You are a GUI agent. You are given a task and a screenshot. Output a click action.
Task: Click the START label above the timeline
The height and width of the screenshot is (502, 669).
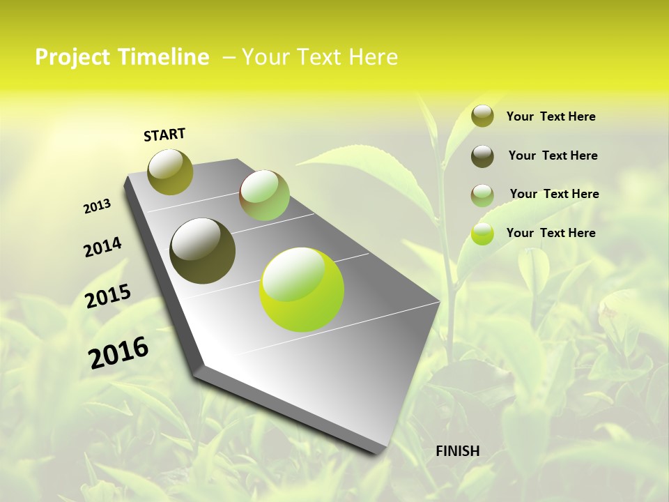tap(164, 135)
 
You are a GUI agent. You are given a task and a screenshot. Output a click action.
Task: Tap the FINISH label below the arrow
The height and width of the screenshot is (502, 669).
tap(457, 451)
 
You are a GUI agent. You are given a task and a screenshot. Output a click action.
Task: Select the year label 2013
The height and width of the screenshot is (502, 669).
tap(97, 206)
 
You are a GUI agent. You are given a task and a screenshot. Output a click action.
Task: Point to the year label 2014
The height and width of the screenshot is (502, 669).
tap(102, 248)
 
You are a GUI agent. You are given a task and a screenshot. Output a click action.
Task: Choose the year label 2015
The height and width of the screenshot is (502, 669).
tap(108, 296)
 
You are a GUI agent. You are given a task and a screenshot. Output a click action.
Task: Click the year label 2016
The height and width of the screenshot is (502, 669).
tap(118, 353)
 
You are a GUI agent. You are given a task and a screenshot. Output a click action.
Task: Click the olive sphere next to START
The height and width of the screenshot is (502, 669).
tap(171, 172)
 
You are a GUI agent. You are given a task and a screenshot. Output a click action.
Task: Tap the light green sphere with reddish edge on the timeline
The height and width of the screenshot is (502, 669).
tap(264, 195)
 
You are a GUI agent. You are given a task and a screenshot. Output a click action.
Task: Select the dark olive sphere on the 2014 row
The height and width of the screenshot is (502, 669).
tap(203, 251)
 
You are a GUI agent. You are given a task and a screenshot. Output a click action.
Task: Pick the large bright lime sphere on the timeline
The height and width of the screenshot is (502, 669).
tap(302, 289)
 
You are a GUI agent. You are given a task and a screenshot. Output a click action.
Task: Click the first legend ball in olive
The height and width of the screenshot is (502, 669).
tap(482, 116)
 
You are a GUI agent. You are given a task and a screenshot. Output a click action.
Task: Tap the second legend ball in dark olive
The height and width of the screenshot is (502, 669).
tap(482, 156)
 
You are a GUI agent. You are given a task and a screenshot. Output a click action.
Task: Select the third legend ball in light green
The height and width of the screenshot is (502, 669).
tap(482, 195)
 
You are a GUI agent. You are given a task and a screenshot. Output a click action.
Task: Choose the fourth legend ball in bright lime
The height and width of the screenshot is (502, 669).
tap(482, 234)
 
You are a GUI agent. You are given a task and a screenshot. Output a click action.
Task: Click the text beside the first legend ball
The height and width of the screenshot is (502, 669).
tap(551, 117)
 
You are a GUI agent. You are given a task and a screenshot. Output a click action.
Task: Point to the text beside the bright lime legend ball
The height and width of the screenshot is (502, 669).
tap(551, 233)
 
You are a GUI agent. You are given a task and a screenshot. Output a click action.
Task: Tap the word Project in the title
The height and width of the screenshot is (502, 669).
tap(71, 58)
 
